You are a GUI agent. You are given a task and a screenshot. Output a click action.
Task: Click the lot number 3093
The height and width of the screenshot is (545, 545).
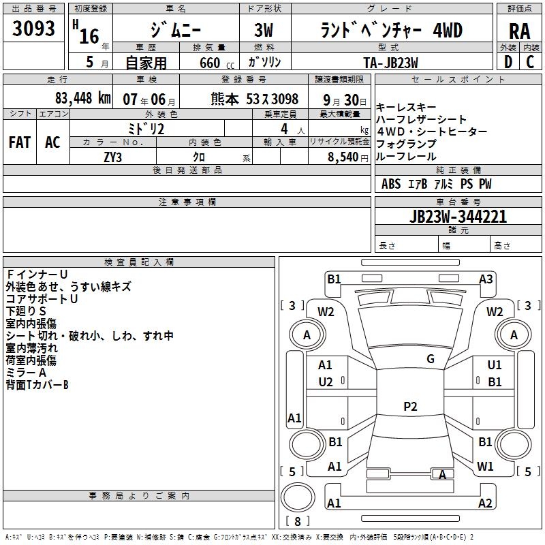[34, 29]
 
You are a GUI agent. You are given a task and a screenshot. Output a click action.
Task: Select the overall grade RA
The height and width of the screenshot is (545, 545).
[519, 31]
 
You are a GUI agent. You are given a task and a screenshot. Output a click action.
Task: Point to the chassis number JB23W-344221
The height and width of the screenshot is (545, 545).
[458, 217]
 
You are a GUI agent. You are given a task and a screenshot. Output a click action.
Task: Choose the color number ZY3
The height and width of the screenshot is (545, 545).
[112, 157]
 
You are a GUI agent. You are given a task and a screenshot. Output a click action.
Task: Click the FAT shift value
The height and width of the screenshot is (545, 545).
[20, 142]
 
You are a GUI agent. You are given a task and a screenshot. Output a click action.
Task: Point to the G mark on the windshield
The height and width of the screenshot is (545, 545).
[430, 359]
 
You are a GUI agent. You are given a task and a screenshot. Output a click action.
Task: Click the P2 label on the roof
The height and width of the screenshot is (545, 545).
[409, 407]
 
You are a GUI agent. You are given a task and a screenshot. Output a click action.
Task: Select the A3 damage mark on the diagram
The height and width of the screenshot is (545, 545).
[486, 279]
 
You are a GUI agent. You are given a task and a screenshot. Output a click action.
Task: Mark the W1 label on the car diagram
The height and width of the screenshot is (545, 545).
[485, 467]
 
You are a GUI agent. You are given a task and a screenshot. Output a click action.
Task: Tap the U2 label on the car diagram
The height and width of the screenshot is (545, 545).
[326, 381]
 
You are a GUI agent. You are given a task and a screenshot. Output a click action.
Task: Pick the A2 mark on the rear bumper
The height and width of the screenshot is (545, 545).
[485, 503]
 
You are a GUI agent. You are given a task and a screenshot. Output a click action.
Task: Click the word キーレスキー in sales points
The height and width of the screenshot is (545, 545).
[406, 108]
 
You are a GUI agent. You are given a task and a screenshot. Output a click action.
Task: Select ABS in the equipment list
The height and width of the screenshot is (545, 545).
[391, 184]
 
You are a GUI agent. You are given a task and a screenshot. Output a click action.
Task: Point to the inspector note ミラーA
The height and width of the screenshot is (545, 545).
[26, 373]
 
